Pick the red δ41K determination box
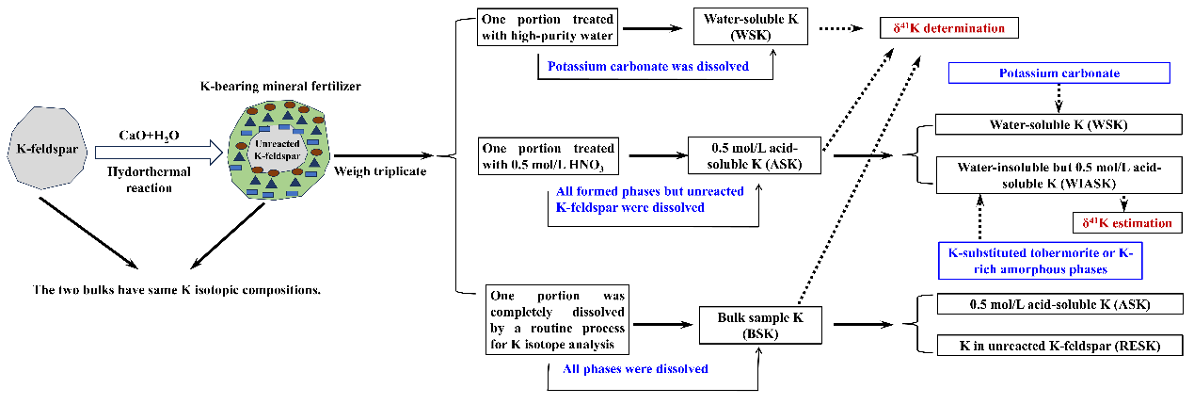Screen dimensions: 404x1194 pyautogui.click(x=948, y=27)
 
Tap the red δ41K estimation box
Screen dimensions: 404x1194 pyautogui.click(x=1126, y=223)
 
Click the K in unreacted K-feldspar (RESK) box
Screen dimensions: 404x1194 pyautogui.click(x=1059, y=346)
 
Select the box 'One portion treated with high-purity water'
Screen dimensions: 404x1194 pyautogui.click(x=549, y=28)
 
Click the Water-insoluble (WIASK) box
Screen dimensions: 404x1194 pyautogui.click(x=1059, y=175)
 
